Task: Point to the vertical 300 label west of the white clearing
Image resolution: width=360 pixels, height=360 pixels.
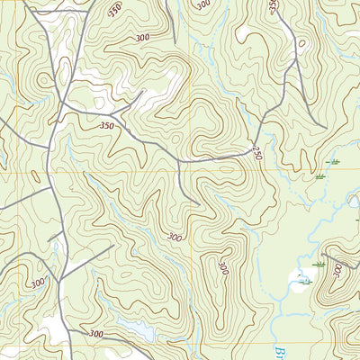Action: click(x=222, y=267)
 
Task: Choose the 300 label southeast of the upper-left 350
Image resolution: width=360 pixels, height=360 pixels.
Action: click(x=141, y=38)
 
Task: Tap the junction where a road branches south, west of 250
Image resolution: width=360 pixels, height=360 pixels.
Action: click(x=180, y=161)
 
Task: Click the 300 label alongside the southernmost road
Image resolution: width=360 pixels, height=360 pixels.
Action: click(x=95, y=333)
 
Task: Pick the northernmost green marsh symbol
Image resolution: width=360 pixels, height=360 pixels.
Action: click(x=335, y=161)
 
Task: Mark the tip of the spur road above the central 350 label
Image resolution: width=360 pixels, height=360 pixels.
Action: click(x=141, y=91)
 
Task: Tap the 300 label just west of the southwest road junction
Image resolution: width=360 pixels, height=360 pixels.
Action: click(x=38, y=283)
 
